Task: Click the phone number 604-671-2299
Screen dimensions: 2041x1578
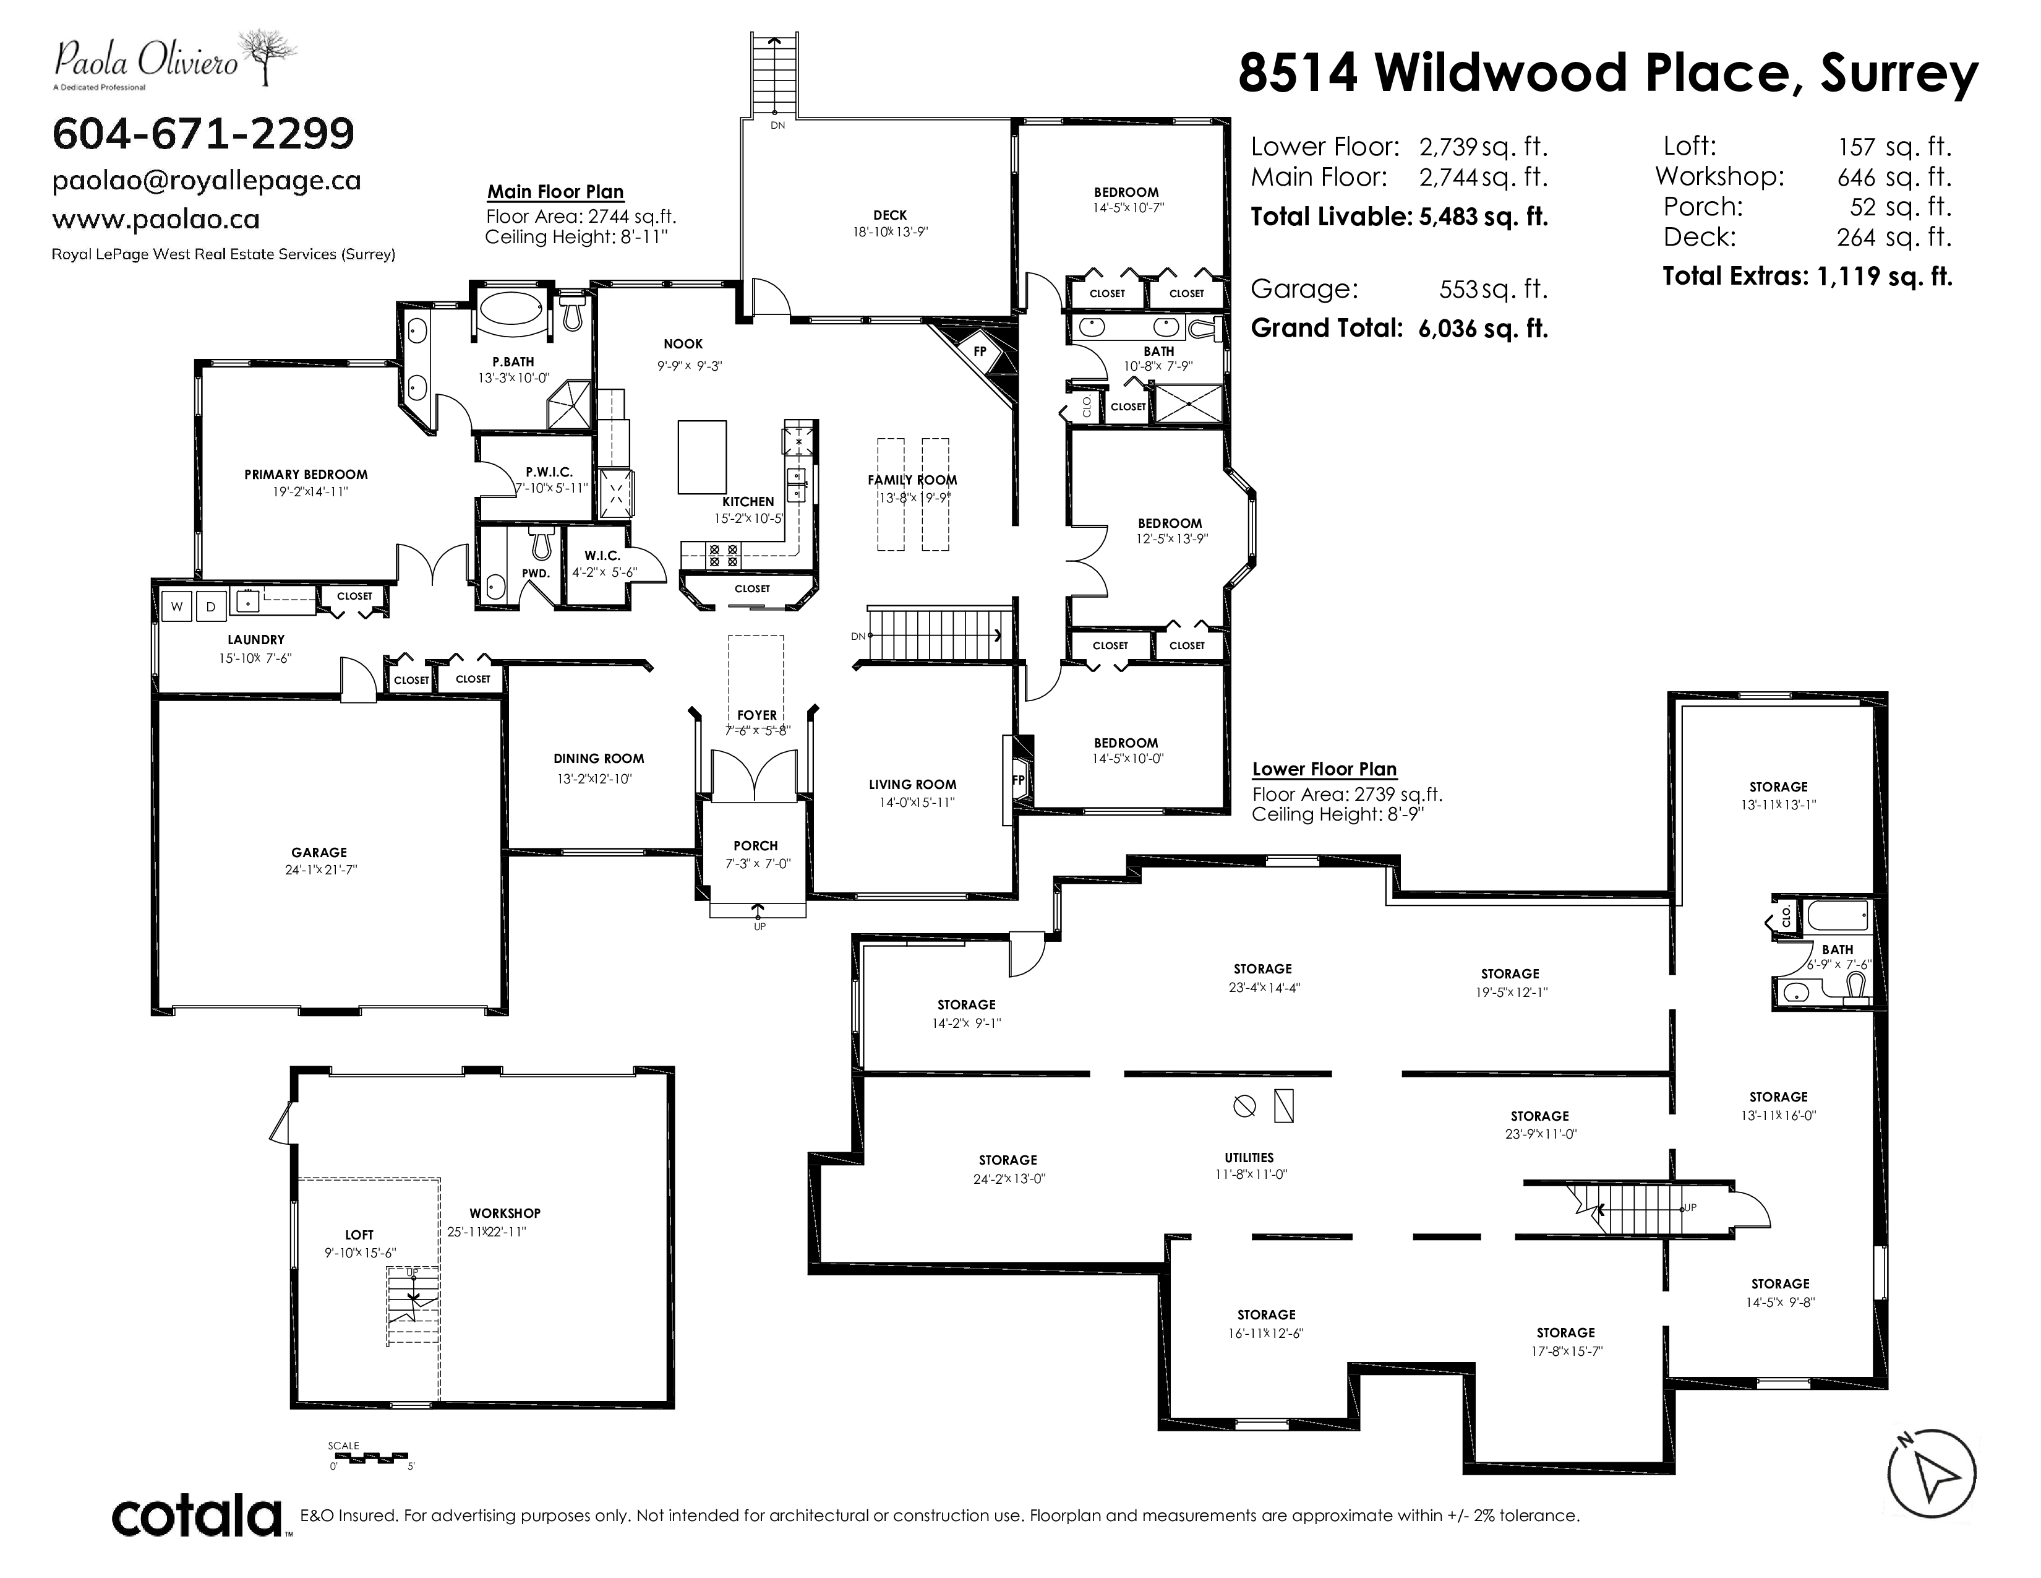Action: point(203,134)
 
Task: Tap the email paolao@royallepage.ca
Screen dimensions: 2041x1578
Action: point(207,181)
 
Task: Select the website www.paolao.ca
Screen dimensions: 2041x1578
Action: point(156,220)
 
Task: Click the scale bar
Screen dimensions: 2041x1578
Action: point(367,1461)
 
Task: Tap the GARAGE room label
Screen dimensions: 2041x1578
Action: point(319,853)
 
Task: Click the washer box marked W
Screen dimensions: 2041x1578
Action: point(177,606)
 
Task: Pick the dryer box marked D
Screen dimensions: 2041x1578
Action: point(211,606)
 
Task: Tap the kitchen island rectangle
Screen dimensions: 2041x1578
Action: point(703,456)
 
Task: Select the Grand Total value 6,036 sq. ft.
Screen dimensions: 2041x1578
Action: point(1483,328)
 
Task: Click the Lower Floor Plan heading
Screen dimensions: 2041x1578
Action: point(1324,769)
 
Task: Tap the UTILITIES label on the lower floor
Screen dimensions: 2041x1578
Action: point(1249,1157)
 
